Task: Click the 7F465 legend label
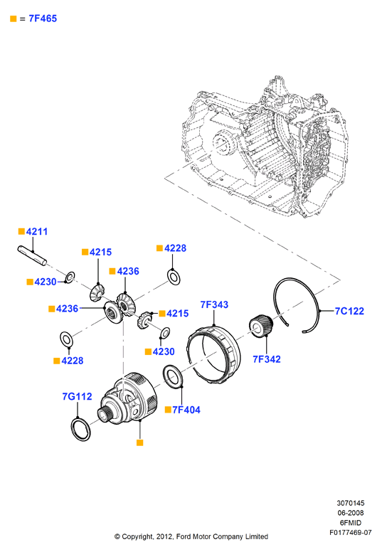point(43,18)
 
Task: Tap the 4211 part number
point(37,232)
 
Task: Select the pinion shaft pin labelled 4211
point(32,255)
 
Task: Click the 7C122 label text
point(349,311)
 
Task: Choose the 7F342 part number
point(267,359)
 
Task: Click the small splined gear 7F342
point(261,326)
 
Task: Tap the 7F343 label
point(214,304)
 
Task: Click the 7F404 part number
point(186,410)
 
